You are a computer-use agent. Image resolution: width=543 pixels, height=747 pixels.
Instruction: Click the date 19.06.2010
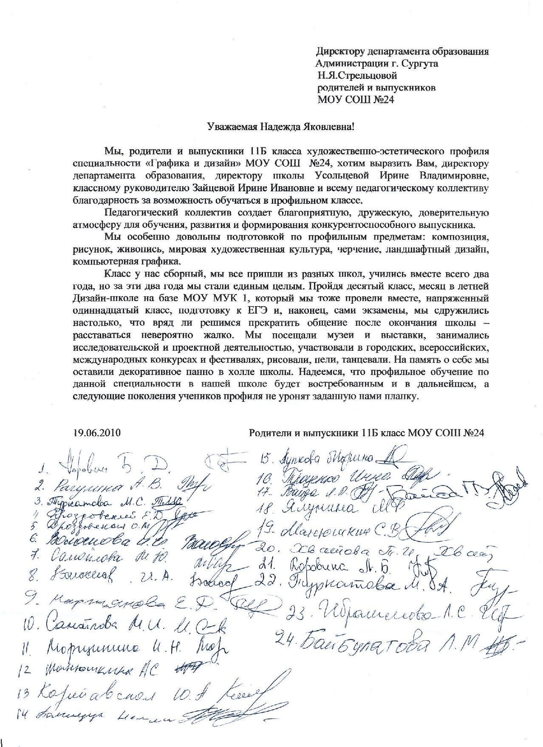(x=97, y=433)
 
